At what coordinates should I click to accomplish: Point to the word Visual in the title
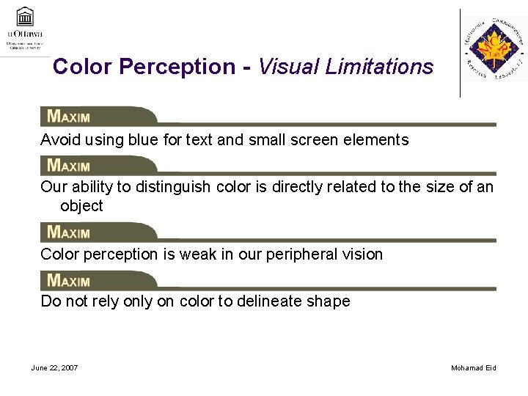tap(286, 67)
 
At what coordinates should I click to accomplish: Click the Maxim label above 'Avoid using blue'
tap(68, 116)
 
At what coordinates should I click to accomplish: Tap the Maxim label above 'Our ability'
tap(68, 165)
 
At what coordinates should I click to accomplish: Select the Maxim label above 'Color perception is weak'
tap(68, 232)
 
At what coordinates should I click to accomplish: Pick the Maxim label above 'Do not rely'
tap(68, 280)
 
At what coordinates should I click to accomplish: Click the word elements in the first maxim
tap(380, 139)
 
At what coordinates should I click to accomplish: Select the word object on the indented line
tap(81, 206)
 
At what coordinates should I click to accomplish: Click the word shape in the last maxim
tap(332, 301)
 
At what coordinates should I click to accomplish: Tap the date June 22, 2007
tap(55, 367)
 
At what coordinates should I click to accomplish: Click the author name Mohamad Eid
tap(474, 367)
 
